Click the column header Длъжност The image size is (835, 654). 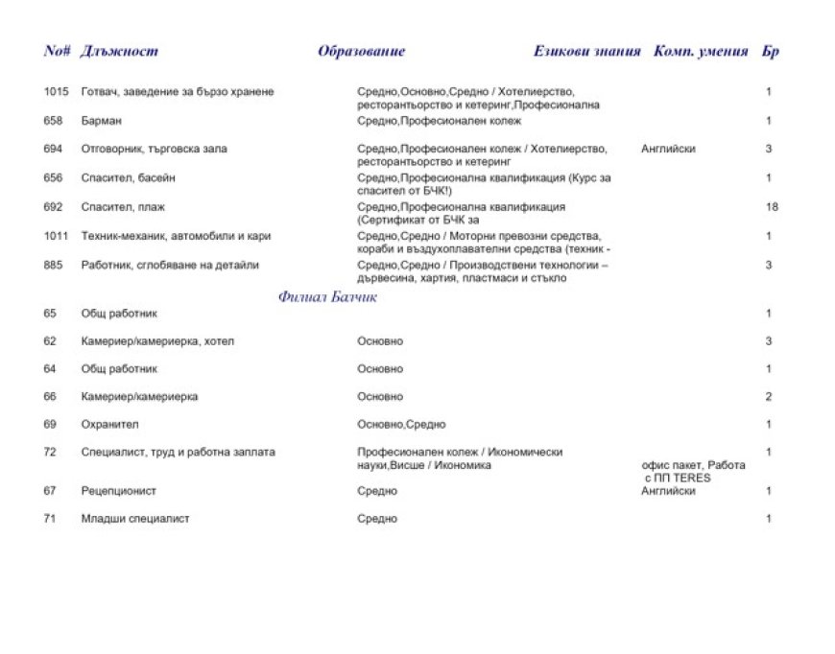(x=120, y=52)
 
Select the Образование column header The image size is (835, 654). (x=361, y=52)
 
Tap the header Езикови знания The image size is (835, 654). (x=586, y=52)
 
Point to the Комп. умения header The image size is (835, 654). (x=701, y=52)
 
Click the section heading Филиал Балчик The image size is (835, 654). (x=327, y=297)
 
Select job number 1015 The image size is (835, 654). (x=57, y=92)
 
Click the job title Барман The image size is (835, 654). (x=102, y=121)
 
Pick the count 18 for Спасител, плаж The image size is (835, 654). (x=773, y=207)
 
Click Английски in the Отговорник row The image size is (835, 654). (x=668, y=150)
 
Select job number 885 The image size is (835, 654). (x=53, y=265)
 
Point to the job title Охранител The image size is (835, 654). (x=109, y=424)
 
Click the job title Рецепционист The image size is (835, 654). (x=119, y=491)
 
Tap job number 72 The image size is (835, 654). (x=50, y=453)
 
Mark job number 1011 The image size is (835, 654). (x=57, y=236)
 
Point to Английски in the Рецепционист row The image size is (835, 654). (x=668, y=491)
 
